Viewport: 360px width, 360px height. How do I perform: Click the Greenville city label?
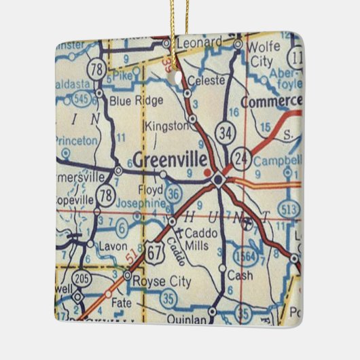(172, 160)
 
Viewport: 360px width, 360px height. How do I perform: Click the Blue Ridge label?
(136, 101)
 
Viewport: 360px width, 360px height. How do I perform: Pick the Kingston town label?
(166, 126)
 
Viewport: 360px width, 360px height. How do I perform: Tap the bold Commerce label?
(270, 101)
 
